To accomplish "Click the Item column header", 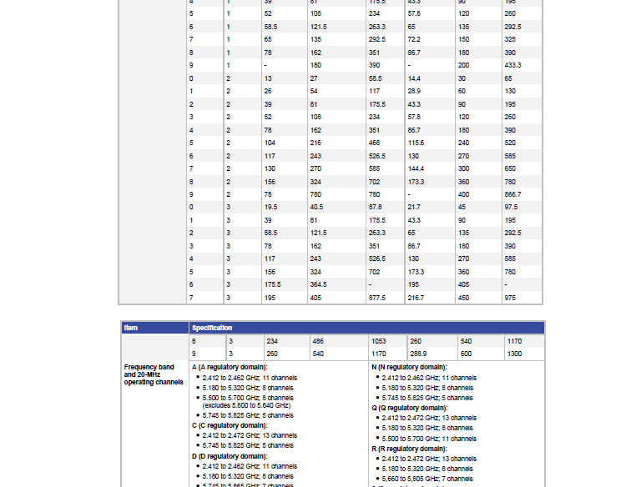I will (131, 328).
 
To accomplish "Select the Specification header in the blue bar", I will (212, 328).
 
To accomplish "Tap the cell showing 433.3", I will (513, 65).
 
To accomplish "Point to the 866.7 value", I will (513, 194).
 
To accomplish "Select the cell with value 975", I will (509, 298).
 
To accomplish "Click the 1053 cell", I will (378, 341).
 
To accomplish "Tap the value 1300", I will (514, 354).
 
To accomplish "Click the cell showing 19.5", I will (271, 207).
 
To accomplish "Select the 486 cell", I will (318, 341).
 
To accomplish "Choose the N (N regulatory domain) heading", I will (409, 367).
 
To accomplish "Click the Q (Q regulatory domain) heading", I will (410, 408).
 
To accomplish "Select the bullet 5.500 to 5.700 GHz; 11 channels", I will (429, 439).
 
